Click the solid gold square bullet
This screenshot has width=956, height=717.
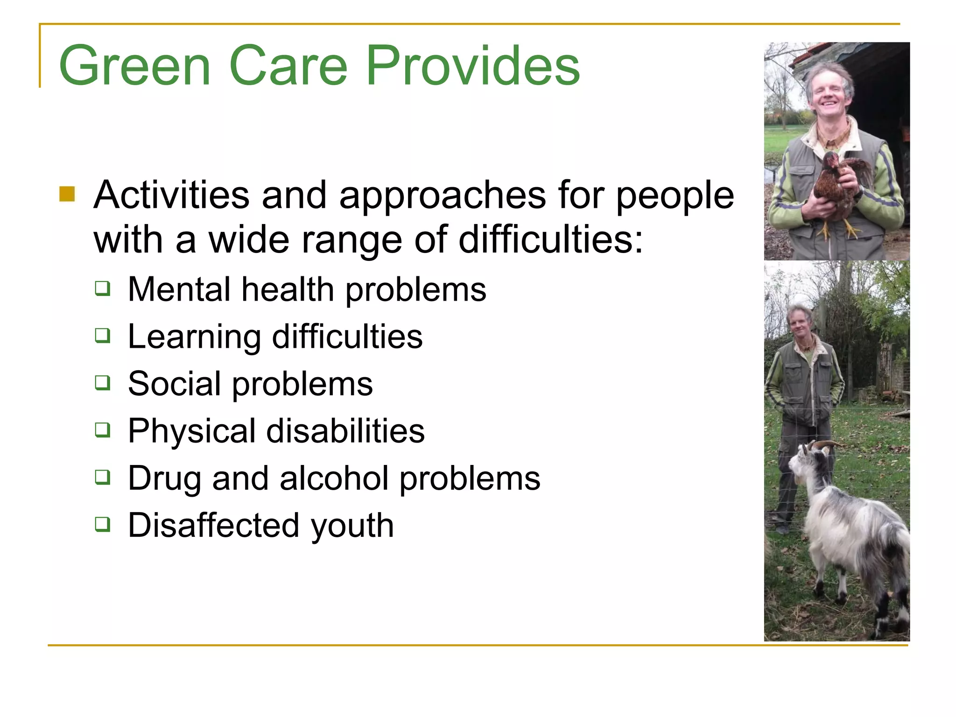67,194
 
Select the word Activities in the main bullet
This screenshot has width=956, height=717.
171,195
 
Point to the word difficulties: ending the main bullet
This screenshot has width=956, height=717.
551,239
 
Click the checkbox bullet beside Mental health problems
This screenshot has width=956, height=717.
103,288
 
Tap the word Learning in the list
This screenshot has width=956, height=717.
194,337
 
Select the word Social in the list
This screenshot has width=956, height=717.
174,384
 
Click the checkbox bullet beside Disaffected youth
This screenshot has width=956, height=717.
103,524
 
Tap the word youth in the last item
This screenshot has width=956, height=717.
352,526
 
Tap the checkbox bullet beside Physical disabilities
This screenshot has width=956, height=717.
103,429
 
